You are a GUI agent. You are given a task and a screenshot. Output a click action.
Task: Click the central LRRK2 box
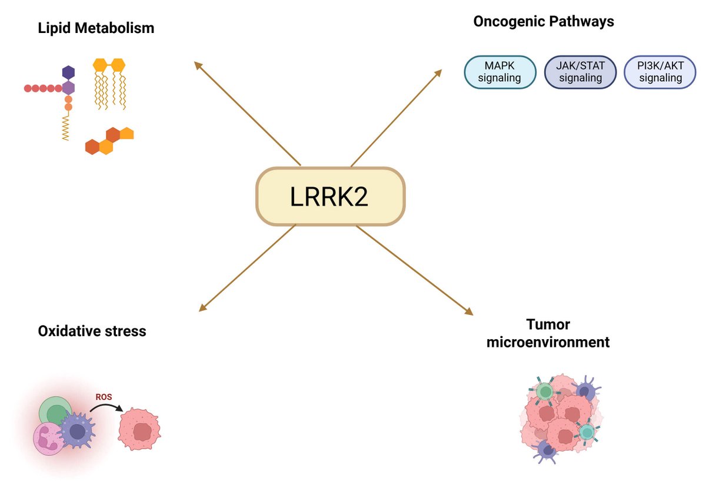pyautogui.click(x=331, y=197)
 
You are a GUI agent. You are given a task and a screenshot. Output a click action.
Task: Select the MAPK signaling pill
pyautogui.click(x=501, y=72)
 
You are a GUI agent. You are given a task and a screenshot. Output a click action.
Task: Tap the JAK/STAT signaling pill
pyautogui.click(x=580, y=72)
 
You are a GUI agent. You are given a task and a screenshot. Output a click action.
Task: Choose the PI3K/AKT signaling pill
pyautogui.click(x=660, y=72)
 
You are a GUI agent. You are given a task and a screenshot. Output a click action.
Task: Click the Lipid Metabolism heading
pyautogui.click(x=96, y=28)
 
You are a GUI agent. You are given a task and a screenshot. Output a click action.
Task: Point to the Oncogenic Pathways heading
pyautogui.click(x=543, y=22)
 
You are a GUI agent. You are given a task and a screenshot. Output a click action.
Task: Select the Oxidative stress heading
pyautogui.click(x=92, y=331)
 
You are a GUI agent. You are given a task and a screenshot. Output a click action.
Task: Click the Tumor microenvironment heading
pyautogui.click(x=548, y=333)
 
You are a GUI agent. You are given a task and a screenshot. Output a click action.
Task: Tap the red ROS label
pyautogui.click(x=104, y=397)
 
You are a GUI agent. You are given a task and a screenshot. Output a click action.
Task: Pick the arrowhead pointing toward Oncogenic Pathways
pyautogui.click(x=438, y=72)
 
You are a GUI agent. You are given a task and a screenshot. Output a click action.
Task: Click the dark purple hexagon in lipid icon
pyautogui.click(x=69, y=72)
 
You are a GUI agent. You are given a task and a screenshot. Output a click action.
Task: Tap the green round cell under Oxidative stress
pyautogui.click(x=56, y=413)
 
